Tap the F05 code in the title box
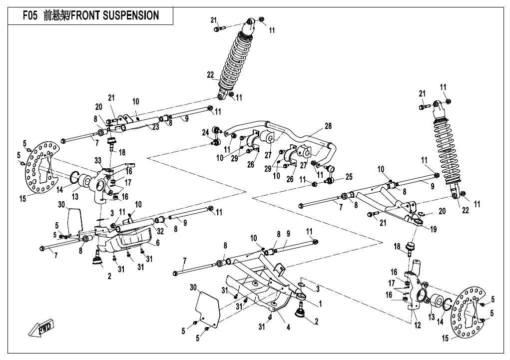[x=30, y=15]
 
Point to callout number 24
[x=205, y=132]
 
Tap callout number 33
[x=97, y=160]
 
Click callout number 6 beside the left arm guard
[x=158, y=243]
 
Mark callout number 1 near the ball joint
[x=320, y=303]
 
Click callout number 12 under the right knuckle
[x=417, y=326]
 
